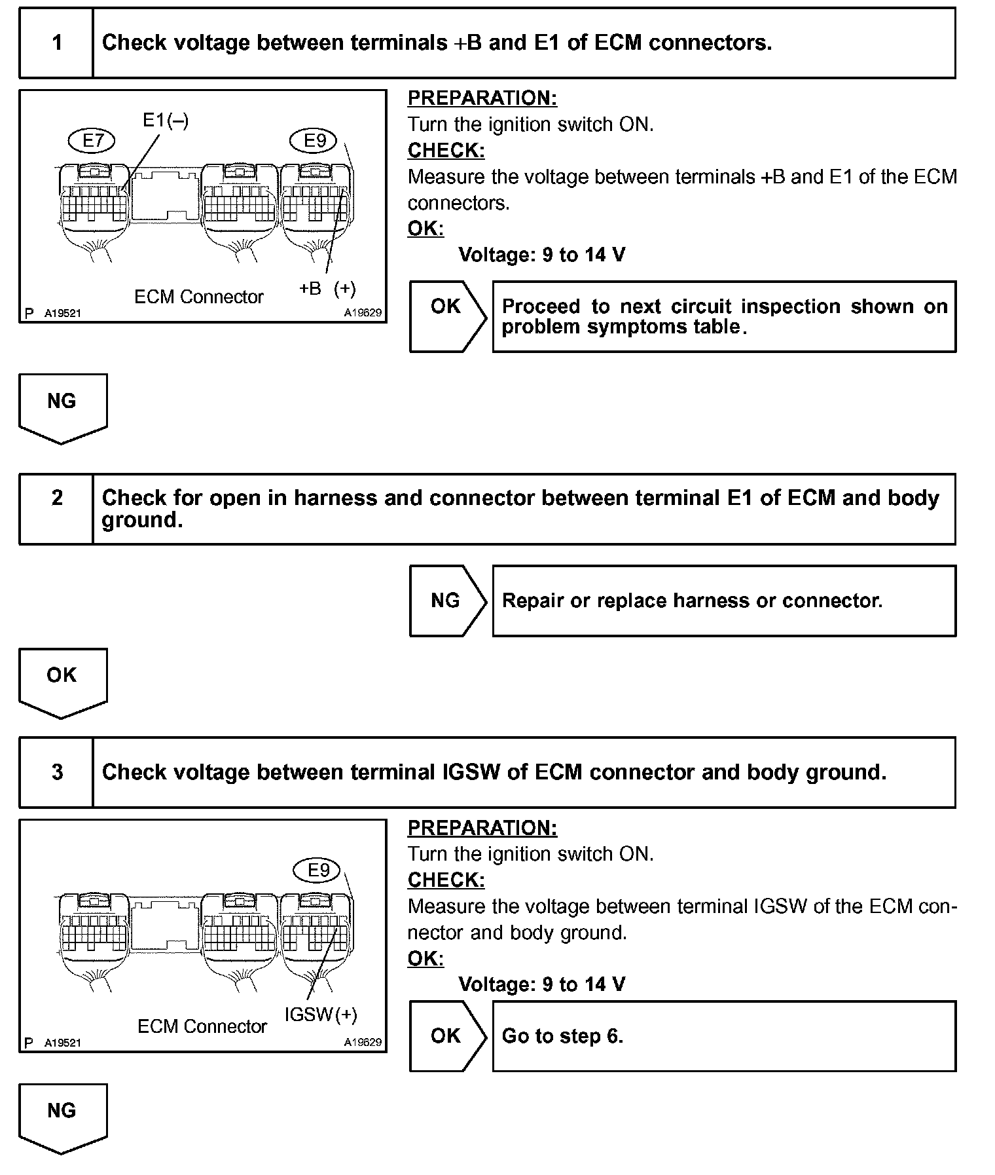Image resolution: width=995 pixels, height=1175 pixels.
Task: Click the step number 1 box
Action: click(57, 43)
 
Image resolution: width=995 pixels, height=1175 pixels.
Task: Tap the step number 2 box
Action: click(57, 509)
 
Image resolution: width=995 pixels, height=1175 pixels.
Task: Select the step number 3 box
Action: click(57, 772)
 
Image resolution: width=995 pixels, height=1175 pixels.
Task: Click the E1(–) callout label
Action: click(166, 121)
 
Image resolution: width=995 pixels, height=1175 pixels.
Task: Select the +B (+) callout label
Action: click(327, 289)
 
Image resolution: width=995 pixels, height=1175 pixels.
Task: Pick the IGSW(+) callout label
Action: click(321, 1015)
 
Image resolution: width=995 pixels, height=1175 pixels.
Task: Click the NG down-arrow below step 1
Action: click(62, 407)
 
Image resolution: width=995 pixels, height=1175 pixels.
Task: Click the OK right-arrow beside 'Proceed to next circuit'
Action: click(447, 316)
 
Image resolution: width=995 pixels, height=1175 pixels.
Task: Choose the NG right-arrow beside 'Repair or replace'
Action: click(447, 601)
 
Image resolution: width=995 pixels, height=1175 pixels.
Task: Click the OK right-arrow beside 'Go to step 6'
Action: click(447, 1036)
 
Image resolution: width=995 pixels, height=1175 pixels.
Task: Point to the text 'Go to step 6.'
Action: click(562, 1036)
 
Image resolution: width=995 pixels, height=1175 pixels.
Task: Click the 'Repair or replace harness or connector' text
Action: click(692, 601)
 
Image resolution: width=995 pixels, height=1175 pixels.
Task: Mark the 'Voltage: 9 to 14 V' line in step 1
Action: click(542, 255)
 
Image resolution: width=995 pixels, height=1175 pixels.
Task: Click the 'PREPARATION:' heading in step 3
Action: click(482, 828)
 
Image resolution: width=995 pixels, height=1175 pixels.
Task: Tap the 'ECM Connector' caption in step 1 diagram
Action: click(198, 297)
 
